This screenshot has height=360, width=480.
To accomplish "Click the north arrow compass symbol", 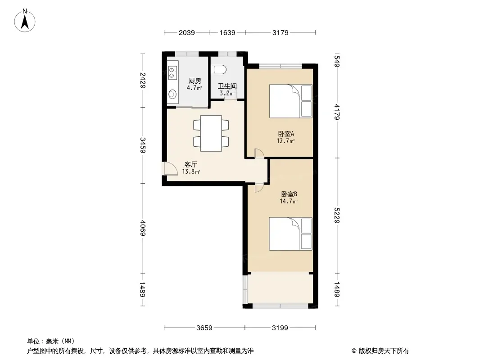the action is [x=25, y=21].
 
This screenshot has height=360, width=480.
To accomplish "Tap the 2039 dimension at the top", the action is [x=187, y=32].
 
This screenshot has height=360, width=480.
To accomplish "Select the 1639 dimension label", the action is [x=227, y=32].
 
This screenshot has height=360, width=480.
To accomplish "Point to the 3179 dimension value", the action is [x=281, y=32].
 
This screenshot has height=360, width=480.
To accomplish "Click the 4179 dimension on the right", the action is [x=337, y=112].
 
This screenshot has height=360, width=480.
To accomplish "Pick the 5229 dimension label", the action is [x=337, y=216].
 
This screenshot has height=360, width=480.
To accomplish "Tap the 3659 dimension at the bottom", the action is [x=204, y=328].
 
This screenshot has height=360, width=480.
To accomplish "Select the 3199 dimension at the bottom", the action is [x=280, y=328].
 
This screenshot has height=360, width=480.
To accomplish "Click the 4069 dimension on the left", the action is [x=143, y=228].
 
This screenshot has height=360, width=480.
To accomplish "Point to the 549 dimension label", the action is [x=337, y=61].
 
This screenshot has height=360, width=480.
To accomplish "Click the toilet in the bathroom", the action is [x=218, y=69].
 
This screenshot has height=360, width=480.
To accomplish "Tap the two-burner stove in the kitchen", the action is [x=172, y=72].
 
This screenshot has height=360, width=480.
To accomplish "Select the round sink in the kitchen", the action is [x=172, y=94].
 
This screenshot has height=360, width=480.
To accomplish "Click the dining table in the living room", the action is [x=211, y=133].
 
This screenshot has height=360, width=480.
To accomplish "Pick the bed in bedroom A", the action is [x=290, y=101].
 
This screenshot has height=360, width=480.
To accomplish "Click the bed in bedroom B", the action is [x=290, y=234].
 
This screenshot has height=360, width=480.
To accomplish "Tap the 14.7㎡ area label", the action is [x=289, y=201].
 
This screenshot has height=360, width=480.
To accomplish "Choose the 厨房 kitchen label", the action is [x=195, y=81].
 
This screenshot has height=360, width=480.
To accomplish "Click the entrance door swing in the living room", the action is [x=171, y=169].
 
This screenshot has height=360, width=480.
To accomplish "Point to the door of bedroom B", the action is [x=259, y=188].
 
